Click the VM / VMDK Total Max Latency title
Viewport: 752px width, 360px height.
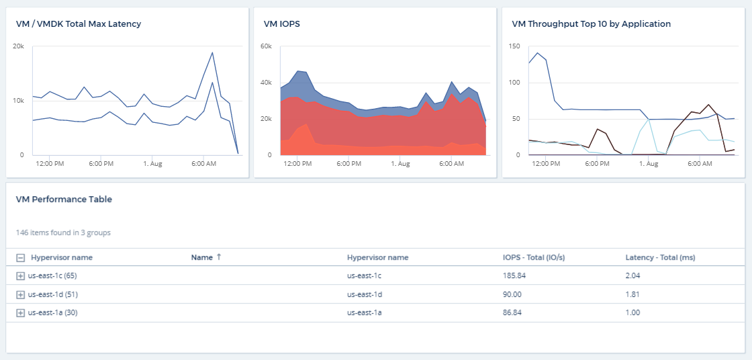[x=78, y=24]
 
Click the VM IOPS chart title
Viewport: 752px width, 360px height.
[x=281, y=24]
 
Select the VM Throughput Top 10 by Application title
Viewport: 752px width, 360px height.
[x=591, y=24]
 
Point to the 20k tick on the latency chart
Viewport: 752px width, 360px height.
[x=19, y=46]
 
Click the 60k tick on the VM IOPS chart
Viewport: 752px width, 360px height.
[x=266, y=46]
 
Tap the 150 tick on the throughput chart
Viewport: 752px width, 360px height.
[x=515, y=46]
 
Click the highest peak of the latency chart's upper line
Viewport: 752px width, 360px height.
[x=212, y=52]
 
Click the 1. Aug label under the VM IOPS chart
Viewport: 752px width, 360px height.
[x=400, y=164]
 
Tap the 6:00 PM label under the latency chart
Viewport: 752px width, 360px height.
[x=100, y=164]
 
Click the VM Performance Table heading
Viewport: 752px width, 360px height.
[x=64, y=199]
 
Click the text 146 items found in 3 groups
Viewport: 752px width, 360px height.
[x=63, y=233]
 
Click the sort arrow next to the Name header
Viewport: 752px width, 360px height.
[x=219, y=257]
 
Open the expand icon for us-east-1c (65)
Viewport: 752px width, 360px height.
[x=21, y=275]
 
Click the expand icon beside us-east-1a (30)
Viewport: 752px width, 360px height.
[x=21, y=313]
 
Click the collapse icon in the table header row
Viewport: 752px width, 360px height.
[x=21, y=258]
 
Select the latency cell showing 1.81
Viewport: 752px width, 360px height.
[x=632, y=294]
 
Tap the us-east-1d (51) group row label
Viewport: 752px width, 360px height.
[x=53, y=294]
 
